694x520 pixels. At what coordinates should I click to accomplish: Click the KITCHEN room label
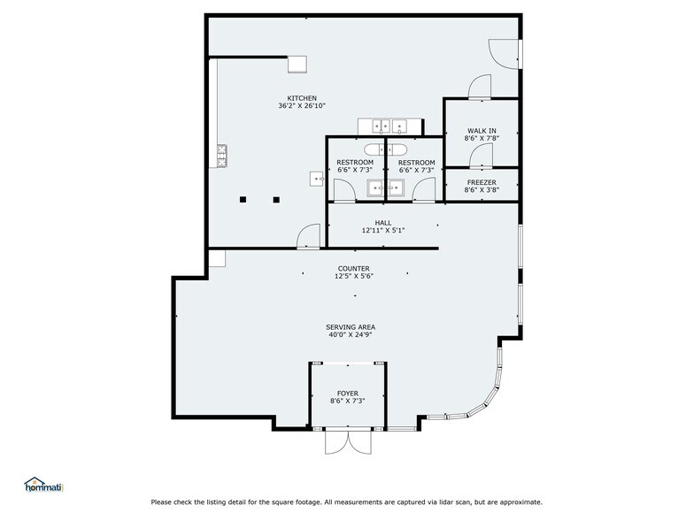pyautogui.click(x=302, y=98)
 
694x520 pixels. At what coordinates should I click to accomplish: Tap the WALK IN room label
pyautogui.click(x=482, y=131)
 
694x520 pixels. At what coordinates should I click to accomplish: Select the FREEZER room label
pyautogui.click(x=482, y=182)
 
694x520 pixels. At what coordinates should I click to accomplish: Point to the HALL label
pyautogui.click(x=382, y=223)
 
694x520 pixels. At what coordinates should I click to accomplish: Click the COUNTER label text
pyautogui.click(x=354, y=269)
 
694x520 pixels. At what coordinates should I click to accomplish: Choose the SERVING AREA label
pyautogui.click(x=351, y=327)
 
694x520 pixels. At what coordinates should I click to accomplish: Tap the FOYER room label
pyautogui.click(x=347, y=393)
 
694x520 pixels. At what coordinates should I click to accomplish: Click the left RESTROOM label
pyautogui.click(x=355, y=163)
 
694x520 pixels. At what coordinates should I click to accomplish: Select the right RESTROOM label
pyautogui.click(x=416, y=163)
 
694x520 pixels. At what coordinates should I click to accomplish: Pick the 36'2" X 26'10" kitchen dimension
pyautogui.click(x=302, y=106)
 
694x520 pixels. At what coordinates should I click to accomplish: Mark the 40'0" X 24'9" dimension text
pyautogui.click(x=351, y=334)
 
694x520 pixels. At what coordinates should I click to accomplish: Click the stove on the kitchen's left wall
pyautogui.click(x=221, y=156)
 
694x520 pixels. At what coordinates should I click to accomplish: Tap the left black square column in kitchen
pyautogui.click(x=243, y=200)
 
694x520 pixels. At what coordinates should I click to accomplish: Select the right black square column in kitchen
pyautogui.click(x=276, y=200)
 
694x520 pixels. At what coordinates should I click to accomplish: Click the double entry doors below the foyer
pyautogui.click(x=349, y=441)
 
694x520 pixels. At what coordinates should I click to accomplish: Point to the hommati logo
pyautogui.click(x=44, y=485)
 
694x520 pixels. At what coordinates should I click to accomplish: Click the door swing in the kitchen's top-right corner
pyautogui.click(x=503, y=53)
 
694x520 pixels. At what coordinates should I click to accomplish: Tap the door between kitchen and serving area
pyautogui.click(x=308, y=237)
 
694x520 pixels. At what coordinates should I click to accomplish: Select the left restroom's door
pyautogui.click(x=344, y=191)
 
